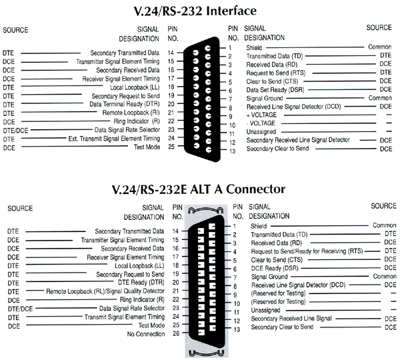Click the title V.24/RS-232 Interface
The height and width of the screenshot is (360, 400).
(199, 11)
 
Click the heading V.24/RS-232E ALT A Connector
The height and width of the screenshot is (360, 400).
(199, 189)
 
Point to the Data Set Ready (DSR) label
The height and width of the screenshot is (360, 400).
(271, 89)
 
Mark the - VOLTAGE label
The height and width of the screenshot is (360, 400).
(261, 124)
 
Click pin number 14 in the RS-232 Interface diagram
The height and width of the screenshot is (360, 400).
(173, 53)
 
